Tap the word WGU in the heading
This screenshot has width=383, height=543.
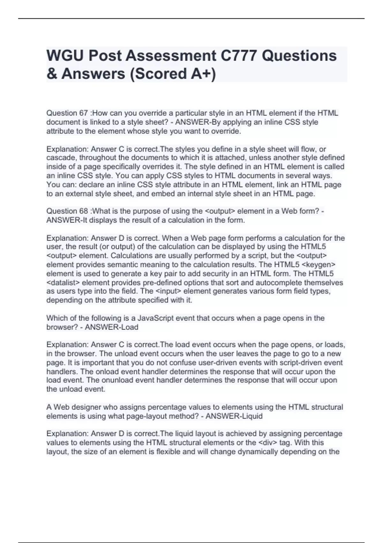point(65,56)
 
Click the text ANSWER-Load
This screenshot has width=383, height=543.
point(111,327)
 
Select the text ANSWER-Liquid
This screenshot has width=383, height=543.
point(234,416)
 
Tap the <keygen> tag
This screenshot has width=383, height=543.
point(318,265)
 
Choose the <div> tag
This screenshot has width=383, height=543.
point(267,443)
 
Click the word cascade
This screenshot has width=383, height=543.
point(61,158)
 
